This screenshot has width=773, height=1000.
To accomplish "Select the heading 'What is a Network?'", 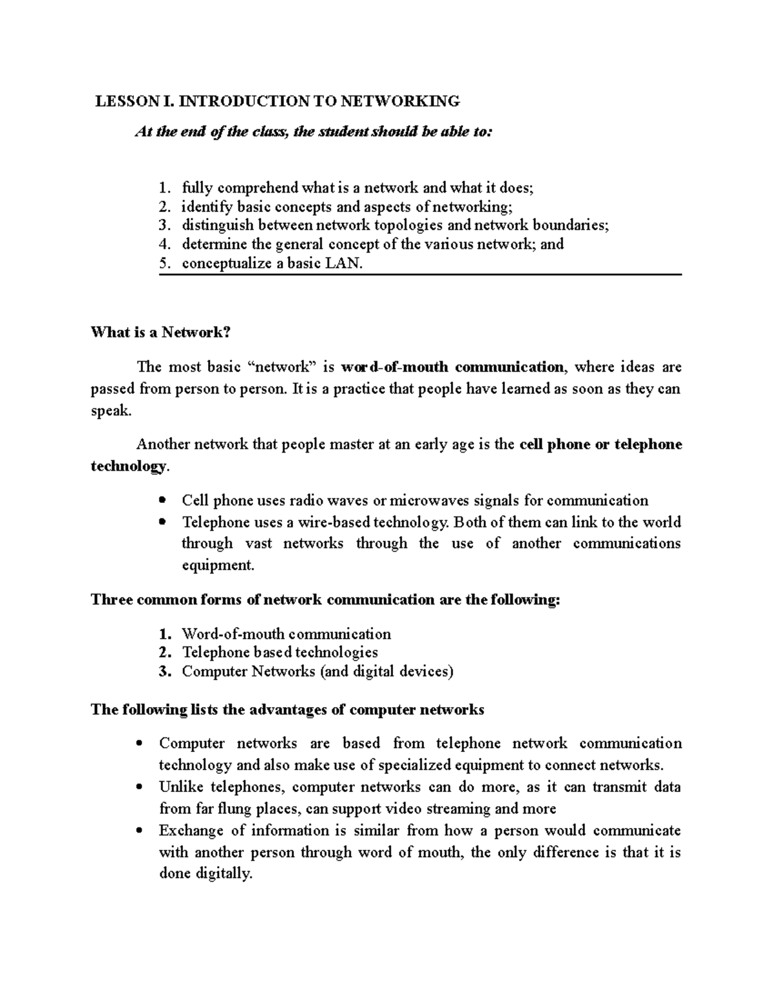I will pos(160,332).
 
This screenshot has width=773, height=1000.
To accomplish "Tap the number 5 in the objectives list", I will pos(165,263).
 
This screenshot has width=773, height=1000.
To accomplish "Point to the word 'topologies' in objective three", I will pos(408,225).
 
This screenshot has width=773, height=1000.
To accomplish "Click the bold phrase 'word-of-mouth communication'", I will pos(452,367).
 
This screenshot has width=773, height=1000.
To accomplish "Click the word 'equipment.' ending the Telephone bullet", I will pos(218,565).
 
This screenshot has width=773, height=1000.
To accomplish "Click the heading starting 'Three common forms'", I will pos(325,599).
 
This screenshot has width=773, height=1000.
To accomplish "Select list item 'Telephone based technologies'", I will pos(280,652).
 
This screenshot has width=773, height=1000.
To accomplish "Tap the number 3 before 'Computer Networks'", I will pos(165,672).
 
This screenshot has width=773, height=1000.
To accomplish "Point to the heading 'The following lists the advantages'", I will pos(287,710).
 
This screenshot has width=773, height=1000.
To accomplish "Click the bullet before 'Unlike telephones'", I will pos(139,788).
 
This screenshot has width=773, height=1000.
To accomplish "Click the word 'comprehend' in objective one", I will pos(258,188).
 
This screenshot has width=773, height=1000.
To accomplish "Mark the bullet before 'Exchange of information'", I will pos(139,831).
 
